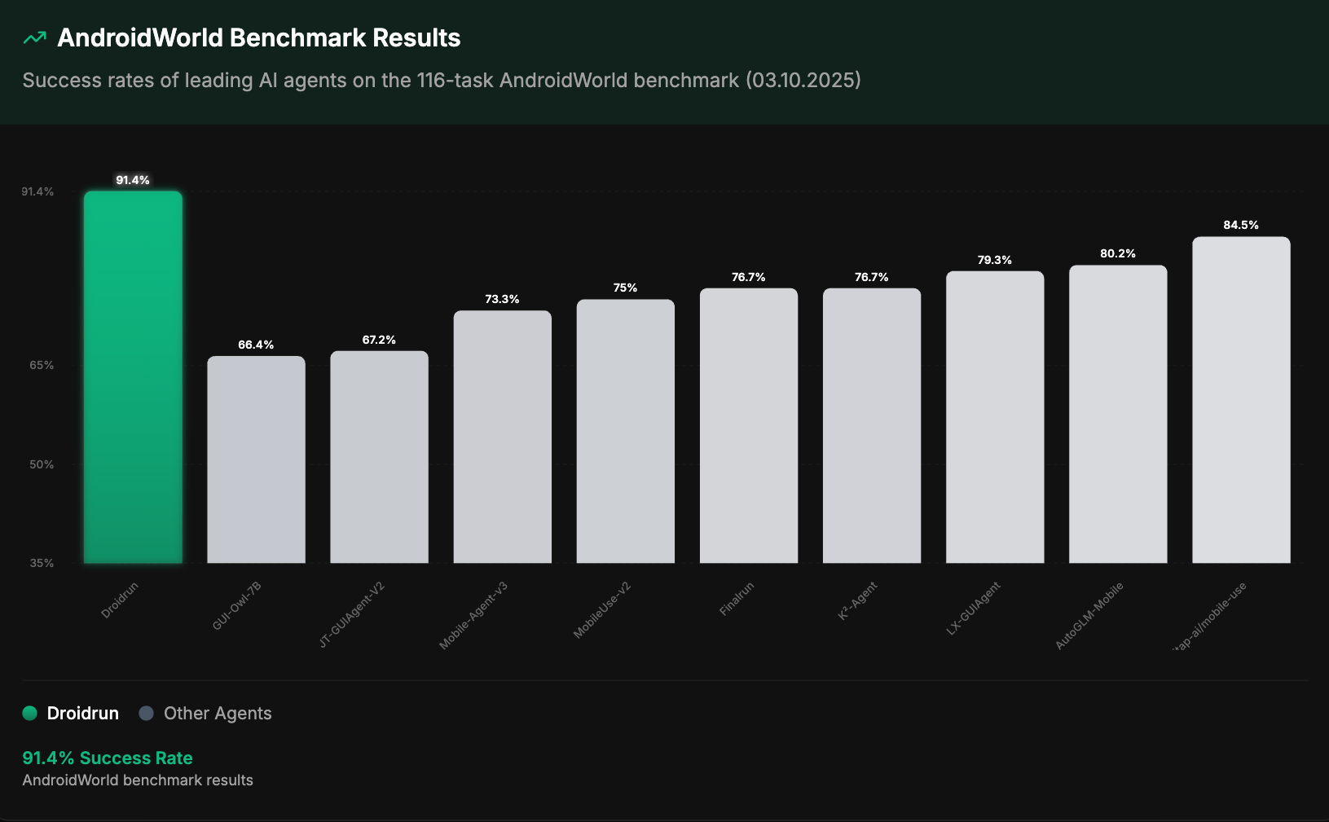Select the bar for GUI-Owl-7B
tap(256, 459)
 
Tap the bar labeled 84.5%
tap(1241, 399)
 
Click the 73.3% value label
tap(502, 299)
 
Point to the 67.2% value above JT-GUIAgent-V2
tap(379, 340)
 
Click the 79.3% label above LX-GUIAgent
tap(994, 260)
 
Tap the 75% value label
tap(625, 288)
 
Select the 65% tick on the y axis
tap(42, 365)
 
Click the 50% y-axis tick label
tap(42, 464)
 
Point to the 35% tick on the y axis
tap(42, 563)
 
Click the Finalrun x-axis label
tap(737, 599)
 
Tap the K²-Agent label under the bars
tap(858, 600)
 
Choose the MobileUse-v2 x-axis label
tap(602, 610)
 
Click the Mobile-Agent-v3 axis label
tap(473, 616)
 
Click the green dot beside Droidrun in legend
tap(30, 714)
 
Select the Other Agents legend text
tap(218, 714)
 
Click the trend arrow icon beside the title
tap(35, 37)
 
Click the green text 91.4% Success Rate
tap(108, 758)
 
